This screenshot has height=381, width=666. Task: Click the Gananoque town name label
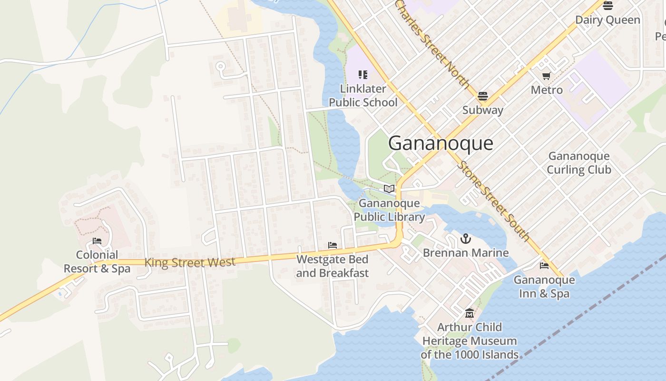(x=441, y=143)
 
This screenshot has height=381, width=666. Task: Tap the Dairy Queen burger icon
(x=607, y=6)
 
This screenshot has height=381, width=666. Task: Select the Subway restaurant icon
(x=482, y=96)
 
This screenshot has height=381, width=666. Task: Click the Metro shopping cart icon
(x=547, y=76)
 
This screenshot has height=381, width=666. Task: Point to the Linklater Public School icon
(x=363, y=74)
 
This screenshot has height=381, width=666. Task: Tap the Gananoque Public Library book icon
(x=389, y=189)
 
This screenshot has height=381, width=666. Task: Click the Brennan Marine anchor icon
(x=466, y=239)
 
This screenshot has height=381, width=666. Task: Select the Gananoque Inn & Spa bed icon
(x=544, y=266)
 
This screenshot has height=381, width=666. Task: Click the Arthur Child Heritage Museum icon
(x=470, y=313)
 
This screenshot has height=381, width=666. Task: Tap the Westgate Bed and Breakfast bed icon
(x=333, y=245)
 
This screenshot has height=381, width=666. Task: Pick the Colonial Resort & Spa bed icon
(x=97, y=241)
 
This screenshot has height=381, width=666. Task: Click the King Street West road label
(x=190, y=262)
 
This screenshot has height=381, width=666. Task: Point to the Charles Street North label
(x=432, y=44)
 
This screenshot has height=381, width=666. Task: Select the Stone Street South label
(x=494, y=201)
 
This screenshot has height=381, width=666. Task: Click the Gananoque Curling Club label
(x=578, y=163)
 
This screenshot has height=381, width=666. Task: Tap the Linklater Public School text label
(x=363, y=96)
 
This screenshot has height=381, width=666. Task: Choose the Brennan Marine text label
(x=466, y=253)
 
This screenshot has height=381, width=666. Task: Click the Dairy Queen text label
(x=607, y=20)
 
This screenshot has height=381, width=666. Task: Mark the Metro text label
(x=547, y=90)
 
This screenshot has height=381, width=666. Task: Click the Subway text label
(x=482, y=110)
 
